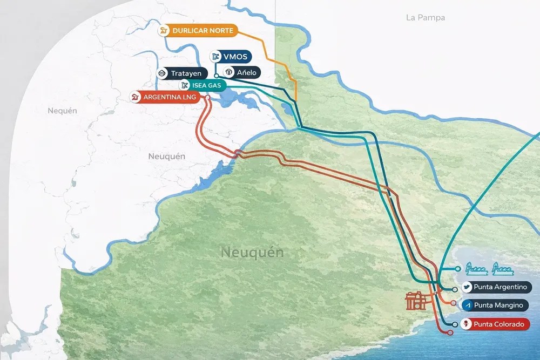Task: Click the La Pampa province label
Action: (426, 17)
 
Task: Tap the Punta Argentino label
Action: (500, 287)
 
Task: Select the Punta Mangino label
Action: (498, 305)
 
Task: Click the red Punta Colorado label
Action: (498, 324)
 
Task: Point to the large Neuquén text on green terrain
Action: (252, 252)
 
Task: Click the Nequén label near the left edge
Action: (62, 111)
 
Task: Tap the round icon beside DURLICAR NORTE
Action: (164, 31)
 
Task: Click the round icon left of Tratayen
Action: (161, 73)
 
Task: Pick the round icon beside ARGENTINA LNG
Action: (135, 97)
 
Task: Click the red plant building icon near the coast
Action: (416, 301)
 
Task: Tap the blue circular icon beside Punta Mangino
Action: (467, 305)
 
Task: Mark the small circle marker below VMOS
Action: (215, 76)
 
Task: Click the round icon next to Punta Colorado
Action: (467, 324)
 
